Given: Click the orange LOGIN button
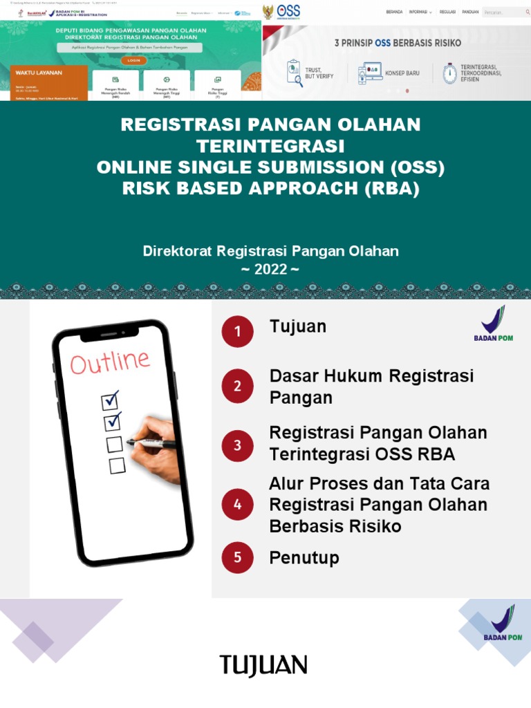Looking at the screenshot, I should pos(133,60).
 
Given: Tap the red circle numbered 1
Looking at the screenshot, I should pos(238,332).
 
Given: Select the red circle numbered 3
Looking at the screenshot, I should pos(238,445).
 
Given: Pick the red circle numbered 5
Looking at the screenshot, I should pos(238,557).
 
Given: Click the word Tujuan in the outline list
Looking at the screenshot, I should pos(297,326).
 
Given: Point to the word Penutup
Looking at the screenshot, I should pos(304,557).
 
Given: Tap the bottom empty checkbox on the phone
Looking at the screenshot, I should pos(117,465).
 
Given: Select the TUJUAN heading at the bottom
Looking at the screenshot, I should pos(263,666).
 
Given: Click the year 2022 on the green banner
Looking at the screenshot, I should pos(270,269).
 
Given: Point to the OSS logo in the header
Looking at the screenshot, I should pos(288,11).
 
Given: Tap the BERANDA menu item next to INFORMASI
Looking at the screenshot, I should pos(394,12).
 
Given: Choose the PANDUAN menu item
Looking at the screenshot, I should pos(470,12).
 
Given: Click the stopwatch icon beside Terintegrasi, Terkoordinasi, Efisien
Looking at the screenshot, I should pos(449,73).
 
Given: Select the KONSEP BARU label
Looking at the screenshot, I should pos(402,73).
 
